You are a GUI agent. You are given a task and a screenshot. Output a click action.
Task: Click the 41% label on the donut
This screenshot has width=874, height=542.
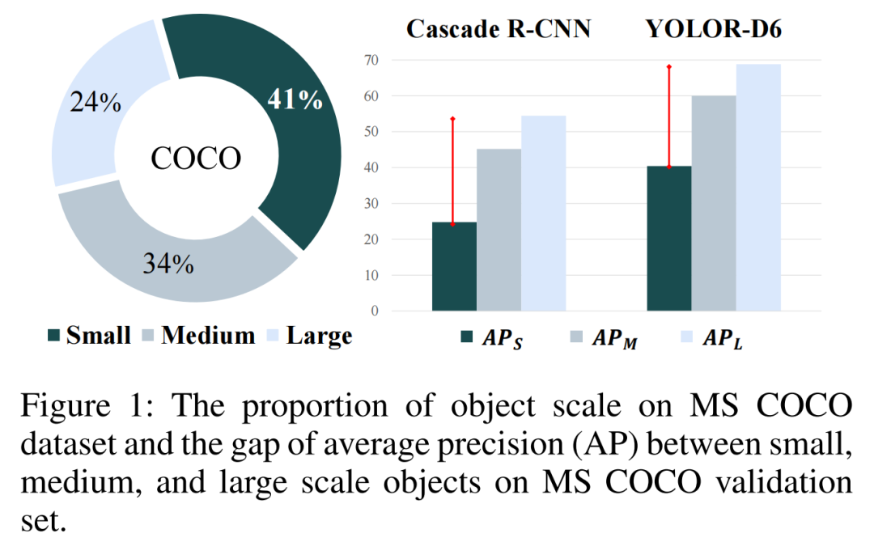click(x=295, y=100)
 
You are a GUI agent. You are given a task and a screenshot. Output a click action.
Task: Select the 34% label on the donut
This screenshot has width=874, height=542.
click(x=168, y=264)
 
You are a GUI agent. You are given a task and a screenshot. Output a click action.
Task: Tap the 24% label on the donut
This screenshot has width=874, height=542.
click(x=95, y=103)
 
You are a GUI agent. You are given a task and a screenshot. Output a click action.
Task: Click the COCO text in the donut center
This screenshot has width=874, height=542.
click(x=196, y=159)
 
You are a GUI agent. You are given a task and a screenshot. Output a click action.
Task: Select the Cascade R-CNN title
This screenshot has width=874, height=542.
click(x=499, y=30)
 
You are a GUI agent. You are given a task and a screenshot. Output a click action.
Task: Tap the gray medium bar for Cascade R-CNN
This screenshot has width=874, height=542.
click(x=499, y=231)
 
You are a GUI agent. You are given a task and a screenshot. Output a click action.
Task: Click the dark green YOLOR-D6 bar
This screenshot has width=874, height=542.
click(x=669, y=239)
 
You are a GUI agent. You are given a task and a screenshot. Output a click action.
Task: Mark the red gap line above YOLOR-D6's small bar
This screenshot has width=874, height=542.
click(x=669, y=116)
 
